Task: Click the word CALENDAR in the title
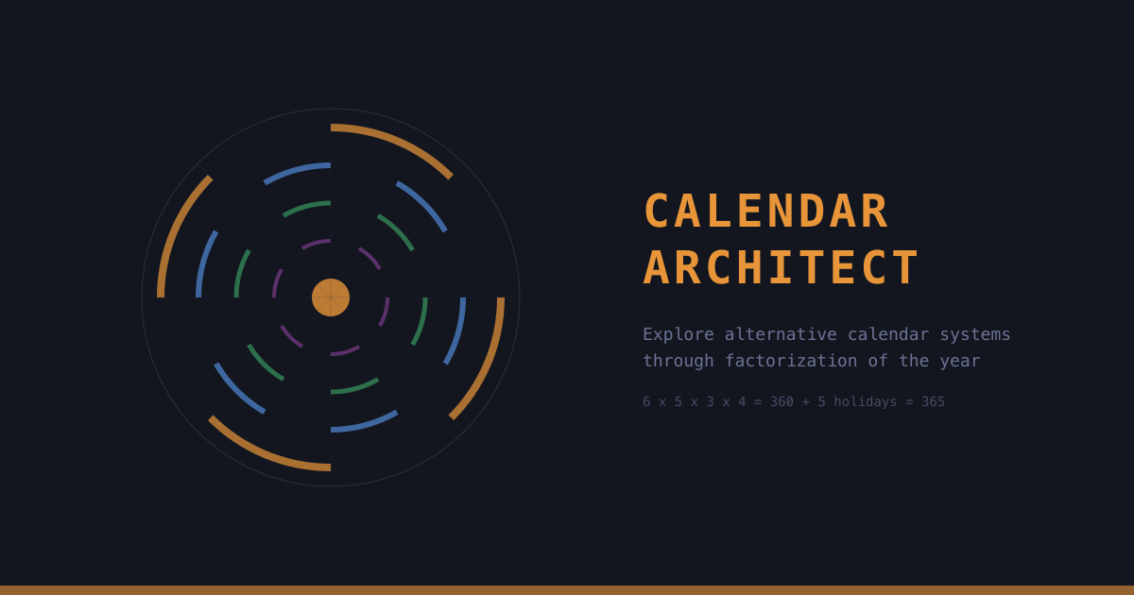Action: pos(765,212)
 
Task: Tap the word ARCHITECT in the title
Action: pos(781,268)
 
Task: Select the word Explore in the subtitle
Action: pos(679,334)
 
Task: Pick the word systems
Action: pos(975,334)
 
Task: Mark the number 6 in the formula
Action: pos(647,401)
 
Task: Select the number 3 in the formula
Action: pos(711,401)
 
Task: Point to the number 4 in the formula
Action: pos(742,401)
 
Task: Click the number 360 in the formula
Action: pos(782,401)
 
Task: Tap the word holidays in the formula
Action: pos(865,401)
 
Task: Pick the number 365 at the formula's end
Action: pos(933,401)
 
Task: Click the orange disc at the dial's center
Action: pos(331,297)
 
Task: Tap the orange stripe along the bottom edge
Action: pos(567,590)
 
